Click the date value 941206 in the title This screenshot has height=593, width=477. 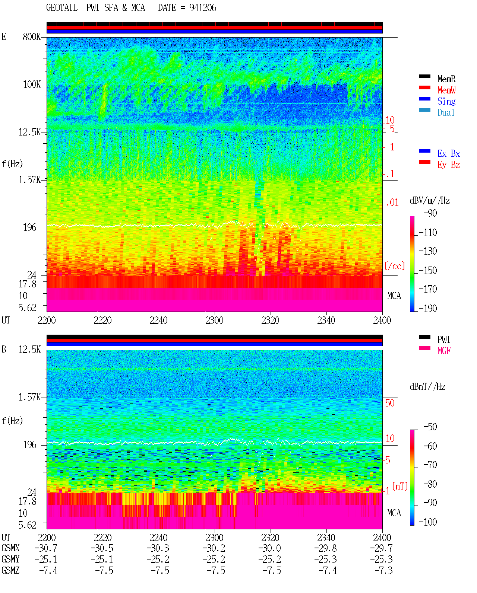pos(202,8)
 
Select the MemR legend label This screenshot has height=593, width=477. pos(446,79)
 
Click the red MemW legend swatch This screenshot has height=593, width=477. pos(424,87)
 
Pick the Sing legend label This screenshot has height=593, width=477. pos(446,101)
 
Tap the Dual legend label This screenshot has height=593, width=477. pos(446,112)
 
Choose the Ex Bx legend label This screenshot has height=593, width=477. pos(448,153)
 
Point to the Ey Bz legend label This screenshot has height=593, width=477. pos(448,165)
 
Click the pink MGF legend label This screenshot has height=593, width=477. pos(444,351)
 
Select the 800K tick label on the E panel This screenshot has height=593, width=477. pos(32,36)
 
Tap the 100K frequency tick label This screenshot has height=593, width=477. pos(32,85)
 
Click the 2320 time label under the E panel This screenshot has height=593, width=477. pos(270,320)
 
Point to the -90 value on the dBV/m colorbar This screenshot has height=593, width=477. pos(430,213)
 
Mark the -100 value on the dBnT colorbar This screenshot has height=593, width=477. pos(428,522)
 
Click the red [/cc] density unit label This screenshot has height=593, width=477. pos(395,266)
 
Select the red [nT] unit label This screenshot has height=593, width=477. pos(400,486)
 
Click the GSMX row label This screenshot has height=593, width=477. pos(10,548)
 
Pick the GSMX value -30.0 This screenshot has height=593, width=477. pos(269,548)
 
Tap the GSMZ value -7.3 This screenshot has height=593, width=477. pos(383,570)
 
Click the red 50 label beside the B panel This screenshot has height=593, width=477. pos(390,403)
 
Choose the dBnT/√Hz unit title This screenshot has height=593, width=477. pos(427,386)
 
